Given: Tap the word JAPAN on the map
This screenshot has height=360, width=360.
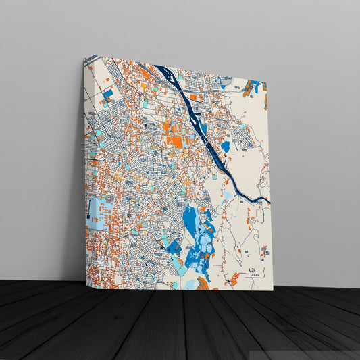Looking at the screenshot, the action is pos(253,275).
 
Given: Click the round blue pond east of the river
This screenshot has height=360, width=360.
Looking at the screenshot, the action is pos(225,146).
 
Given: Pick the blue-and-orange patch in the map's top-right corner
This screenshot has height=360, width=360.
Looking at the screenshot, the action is pos(255,86).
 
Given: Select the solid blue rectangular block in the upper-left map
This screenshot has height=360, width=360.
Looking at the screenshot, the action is pos(107,95).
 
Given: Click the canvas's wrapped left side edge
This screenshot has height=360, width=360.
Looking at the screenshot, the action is pos(85,169).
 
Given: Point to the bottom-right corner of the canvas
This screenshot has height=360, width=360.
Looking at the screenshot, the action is pos(272,290).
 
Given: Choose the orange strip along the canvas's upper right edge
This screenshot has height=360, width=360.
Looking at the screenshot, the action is pos(265,101).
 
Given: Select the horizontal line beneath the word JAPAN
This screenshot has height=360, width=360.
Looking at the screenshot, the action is pos(253,278).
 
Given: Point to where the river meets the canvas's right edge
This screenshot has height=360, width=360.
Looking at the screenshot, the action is pos(269,201).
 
